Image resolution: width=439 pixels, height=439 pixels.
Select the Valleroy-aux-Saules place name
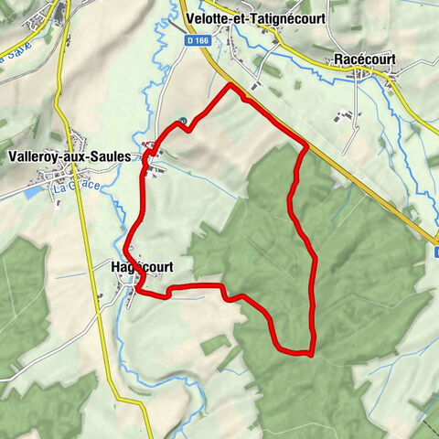tap(70, 156)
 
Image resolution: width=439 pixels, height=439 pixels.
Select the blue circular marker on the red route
tap(182, 121)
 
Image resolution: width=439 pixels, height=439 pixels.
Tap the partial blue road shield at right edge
tap(435, 239)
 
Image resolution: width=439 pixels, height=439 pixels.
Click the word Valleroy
tap(34, 156)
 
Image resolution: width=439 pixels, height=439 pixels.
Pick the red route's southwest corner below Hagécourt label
tap(137, 291)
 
